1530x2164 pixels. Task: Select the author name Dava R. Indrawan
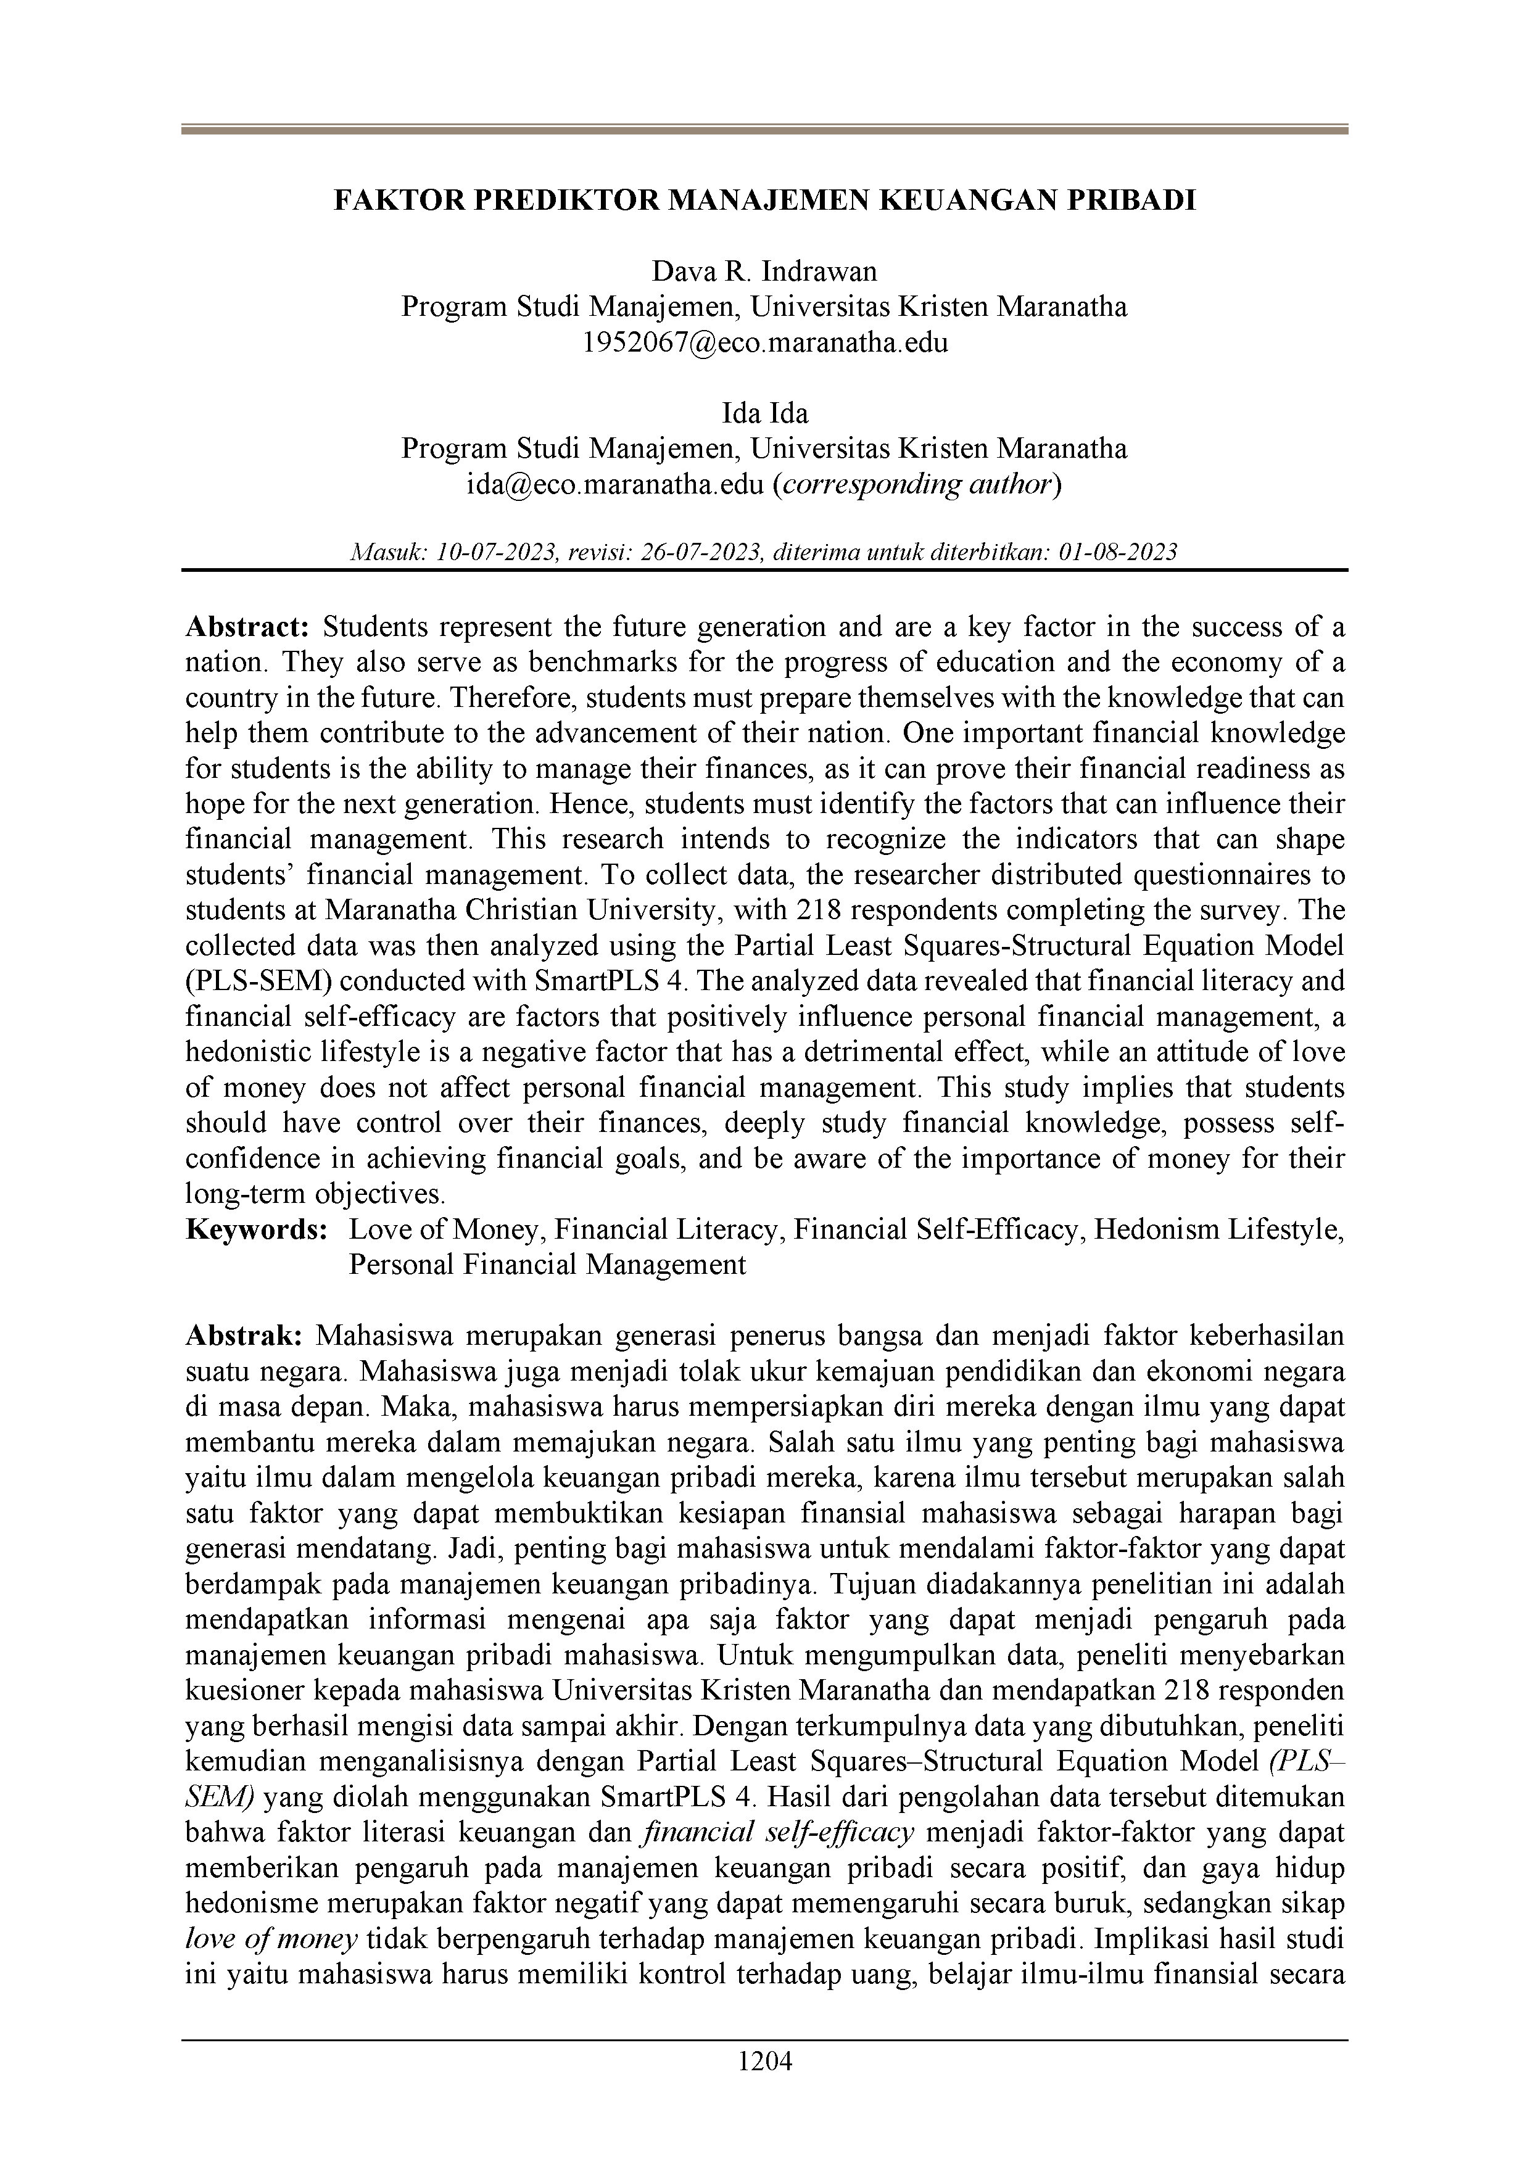[x=764, y=273]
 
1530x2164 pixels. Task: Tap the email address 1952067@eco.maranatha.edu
[x=764, y=342]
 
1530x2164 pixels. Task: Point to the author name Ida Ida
[x=764, y=414]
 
